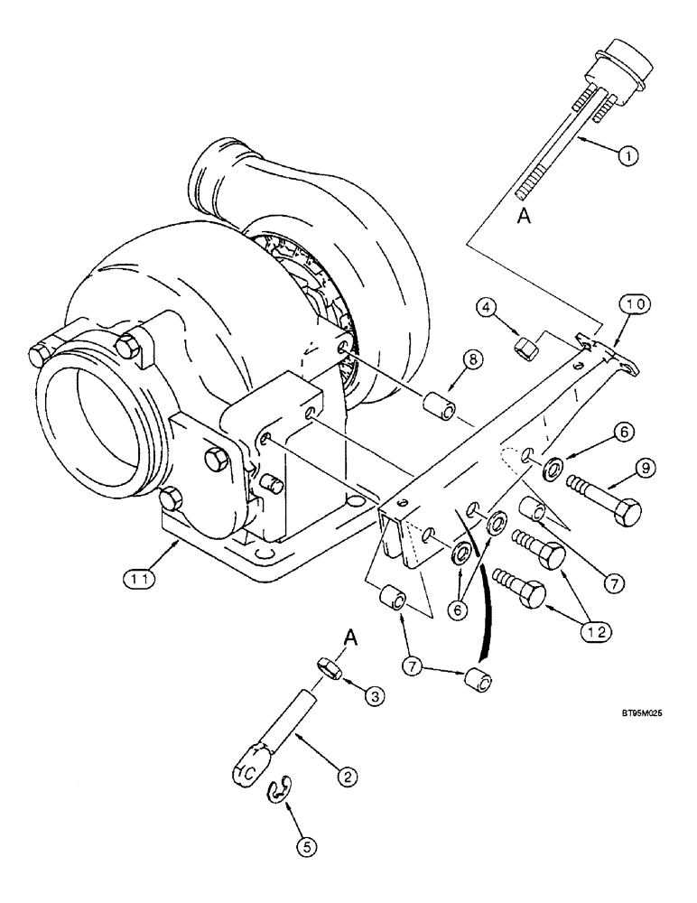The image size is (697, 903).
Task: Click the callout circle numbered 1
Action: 630,154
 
